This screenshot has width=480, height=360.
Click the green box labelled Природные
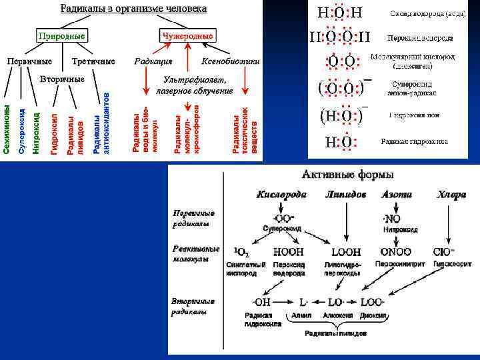pos(60,35)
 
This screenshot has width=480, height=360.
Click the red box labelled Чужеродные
pos(187,35)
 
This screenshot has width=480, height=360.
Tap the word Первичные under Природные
pos(29,61)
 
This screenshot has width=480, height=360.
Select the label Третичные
pos(93,61)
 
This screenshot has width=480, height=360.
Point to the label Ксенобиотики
pos(230,61)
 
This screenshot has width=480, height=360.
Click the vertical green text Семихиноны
pos(7,130)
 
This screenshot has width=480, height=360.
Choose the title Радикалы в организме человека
pos(133,9)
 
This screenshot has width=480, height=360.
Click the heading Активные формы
pos(347,175)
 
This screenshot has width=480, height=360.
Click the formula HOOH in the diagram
pos(288,253)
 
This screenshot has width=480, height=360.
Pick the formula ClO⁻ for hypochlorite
pos(444,253)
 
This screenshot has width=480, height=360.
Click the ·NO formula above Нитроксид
pos(392,218)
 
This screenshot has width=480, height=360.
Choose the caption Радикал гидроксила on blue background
pos(414,141)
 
